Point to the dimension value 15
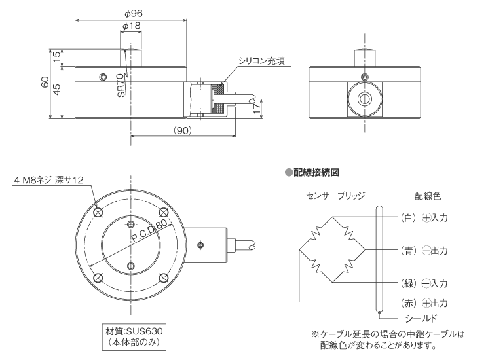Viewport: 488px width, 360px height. pos(56,58)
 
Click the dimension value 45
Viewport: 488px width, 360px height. pos(56,90)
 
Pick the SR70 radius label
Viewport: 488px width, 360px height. pos(121,86)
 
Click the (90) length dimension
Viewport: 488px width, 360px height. pos(182,131)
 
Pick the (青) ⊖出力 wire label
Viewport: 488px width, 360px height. pos(422,250)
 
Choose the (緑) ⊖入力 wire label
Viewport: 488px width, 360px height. pos(422,283)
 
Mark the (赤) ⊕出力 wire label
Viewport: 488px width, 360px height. pos(422,303)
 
